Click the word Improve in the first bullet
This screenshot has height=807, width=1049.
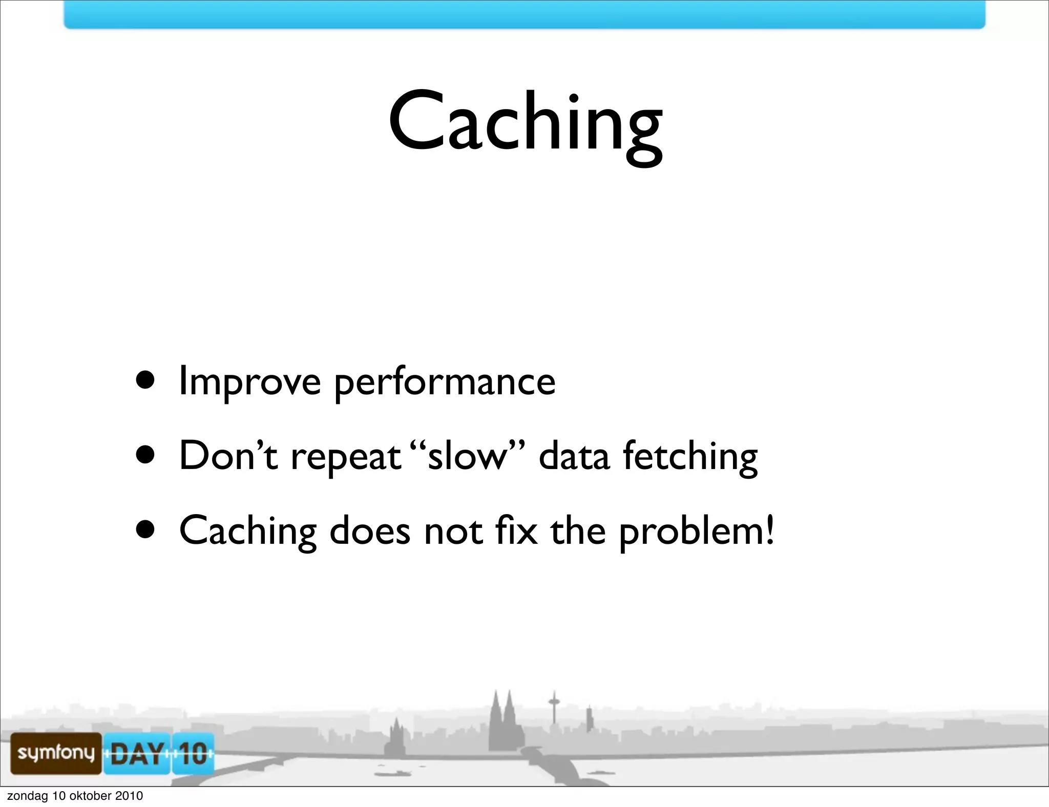[249, 383]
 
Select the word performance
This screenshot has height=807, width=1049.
[445, 383]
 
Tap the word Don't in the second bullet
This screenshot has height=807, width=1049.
[228, 455]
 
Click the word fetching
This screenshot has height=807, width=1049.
[690, 456]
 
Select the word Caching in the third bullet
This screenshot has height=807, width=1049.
[248, 532]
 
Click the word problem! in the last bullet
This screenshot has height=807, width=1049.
[697, 532]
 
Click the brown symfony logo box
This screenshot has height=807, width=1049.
[56, 753]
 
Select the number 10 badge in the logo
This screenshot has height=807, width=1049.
[193, 753]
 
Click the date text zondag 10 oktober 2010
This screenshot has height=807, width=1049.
[75, 796]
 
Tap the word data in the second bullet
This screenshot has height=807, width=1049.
[574, 455]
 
